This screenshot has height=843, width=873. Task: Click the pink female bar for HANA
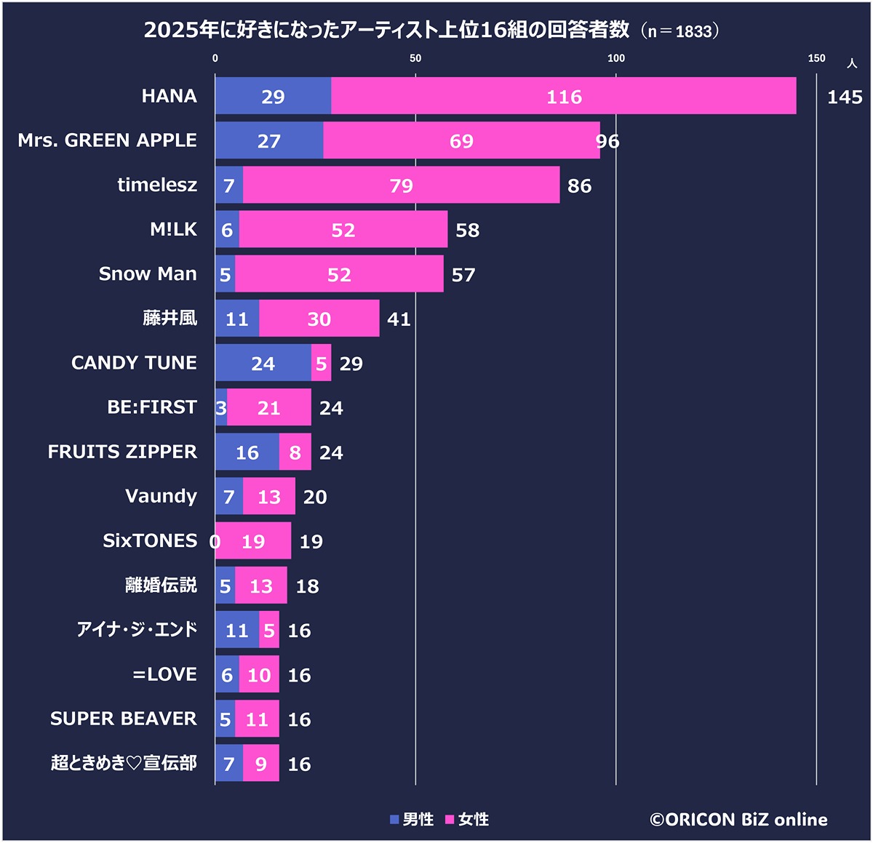[564, 96]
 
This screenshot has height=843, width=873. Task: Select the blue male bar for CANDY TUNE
[263, 363]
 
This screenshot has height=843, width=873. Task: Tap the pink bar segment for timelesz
[401, 185]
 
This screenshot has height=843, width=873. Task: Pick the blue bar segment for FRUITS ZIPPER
[247, 452]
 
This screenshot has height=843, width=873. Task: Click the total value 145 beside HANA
[844, 97]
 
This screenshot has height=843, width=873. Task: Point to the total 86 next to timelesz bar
[579, 186]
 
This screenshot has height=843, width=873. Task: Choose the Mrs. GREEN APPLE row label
[107, 140]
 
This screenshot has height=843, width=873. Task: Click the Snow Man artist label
[148, 274]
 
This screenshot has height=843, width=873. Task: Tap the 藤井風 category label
[170, 319]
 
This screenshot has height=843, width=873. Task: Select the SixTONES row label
[150, 541]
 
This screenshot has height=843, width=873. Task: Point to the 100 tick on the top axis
[615, 58]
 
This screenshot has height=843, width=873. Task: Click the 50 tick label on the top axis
[415, 58]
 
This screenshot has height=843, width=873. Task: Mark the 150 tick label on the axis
[816, 58]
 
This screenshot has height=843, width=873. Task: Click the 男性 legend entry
[412, 820]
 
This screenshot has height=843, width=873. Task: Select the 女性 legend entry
[467, 820]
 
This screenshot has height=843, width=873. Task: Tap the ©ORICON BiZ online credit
[738, 820]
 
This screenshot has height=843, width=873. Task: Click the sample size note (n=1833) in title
[680, 31]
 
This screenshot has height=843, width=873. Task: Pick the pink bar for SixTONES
[253, 541]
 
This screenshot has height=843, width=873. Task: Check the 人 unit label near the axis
[852, 64]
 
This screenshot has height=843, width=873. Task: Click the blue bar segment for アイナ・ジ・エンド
[236, 631]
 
